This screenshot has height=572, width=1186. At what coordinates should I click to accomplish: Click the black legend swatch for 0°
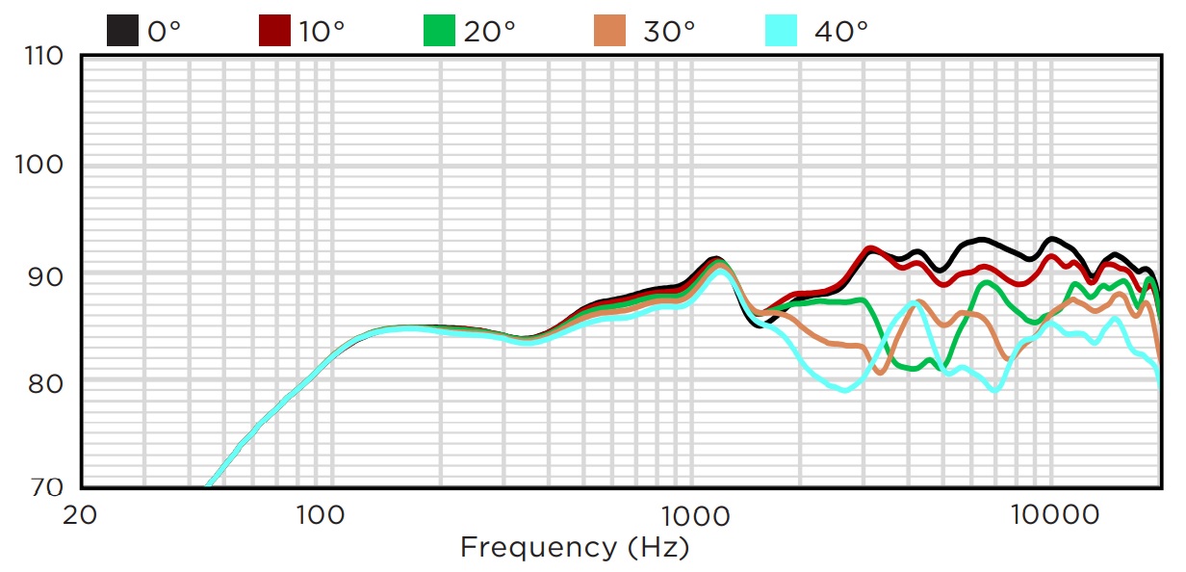(x=122, y=31)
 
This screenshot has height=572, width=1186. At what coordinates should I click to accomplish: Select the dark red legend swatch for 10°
(x=275, y=31)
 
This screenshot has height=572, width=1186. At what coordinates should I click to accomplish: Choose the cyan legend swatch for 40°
(x=781, y=31)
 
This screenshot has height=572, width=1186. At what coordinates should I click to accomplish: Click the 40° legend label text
(x=841, y=31)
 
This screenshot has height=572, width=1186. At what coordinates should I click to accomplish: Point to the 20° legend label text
(x=489, y=31)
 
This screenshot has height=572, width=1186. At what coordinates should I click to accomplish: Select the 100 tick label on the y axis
(x=41, y=166)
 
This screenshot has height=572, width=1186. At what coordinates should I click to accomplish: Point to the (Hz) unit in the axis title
(x=658, y=549)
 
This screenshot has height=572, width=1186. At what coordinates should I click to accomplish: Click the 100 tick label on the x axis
(x=322, y=514)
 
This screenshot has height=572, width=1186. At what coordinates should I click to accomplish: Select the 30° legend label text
(x=669, y=31)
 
